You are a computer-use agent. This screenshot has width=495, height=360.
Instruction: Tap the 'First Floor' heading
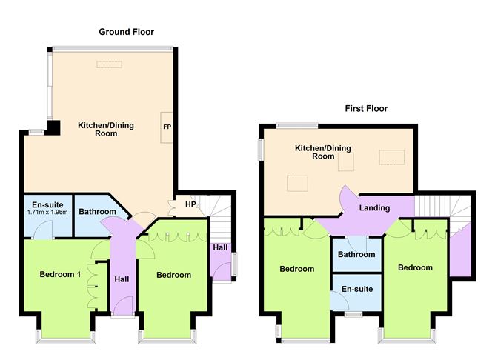coord(366,108)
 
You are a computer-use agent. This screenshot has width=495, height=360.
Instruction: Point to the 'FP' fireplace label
coord(167,127)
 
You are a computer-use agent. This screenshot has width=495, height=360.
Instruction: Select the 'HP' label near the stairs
coord(190,204)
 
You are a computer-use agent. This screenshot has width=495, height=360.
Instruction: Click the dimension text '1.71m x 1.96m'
coord(47,213)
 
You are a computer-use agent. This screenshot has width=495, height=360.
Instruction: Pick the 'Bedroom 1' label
coord(59,275)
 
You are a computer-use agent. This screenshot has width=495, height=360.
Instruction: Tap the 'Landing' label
coord(374,208)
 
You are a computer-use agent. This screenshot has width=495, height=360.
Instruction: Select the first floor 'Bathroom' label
coord(356,254)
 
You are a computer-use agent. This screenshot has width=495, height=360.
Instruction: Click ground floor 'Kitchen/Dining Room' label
coord(106,130)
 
